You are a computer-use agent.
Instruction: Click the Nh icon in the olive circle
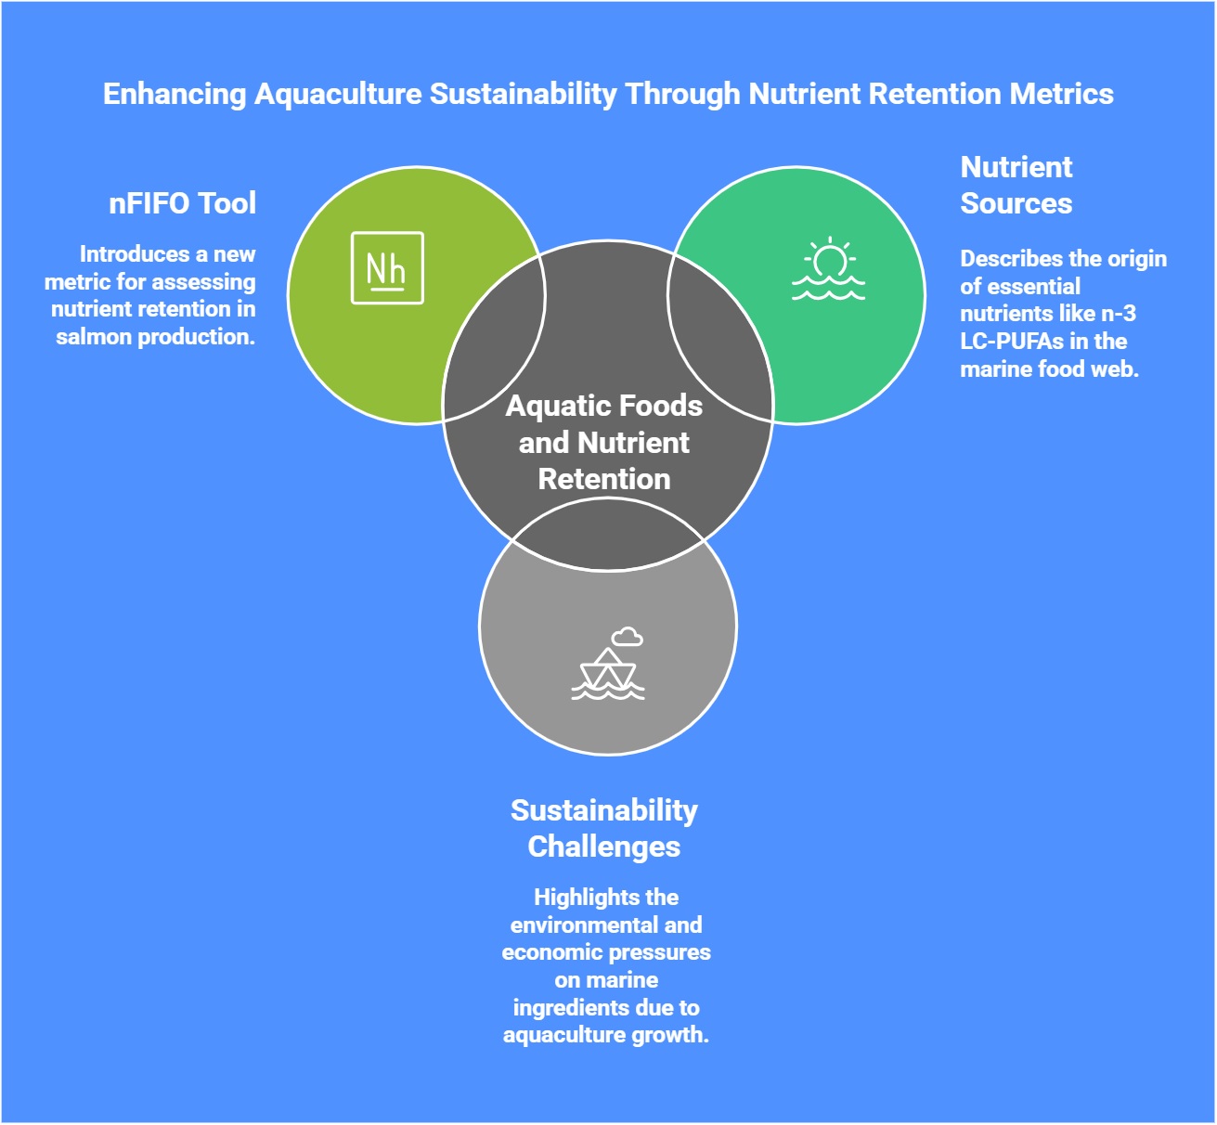[387, 268]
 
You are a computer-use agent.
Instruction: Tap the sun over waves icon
[828, 270]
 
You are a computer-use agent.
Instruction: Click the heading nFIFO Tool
[182, 203]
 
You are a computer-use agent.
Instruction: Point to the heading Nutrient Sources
[1016, 185]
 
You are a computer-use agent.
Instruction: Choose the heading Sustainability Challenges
[604, 828]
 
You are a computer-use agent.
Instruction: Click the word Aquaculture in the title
[338, 94]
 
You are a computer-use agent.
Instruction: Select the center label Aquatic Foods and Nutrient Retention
[604, 442]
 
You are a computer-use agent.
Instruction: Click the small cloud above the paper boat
[628, 637]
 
